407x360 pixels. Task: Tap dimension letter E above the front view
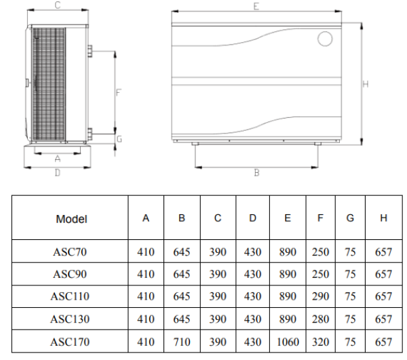(x=256, y=7)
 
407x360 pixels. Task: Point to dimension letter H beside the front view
(x=366, y=84)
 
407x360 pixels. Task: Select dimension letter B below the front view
(x=256, y=173)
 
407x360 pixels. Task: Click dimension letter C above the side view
(x=58, y=5)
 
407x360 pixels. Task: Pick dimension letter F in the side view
(x=118, y=93)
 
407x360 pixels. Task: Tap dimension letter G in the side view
(x=119, y=139)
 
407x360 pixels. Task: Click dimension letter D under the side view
(x=58, y=173)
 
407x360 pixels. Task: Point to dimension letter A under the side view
(x=58, y=159)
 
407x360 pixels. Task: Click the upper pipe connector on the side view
(x=90, y=51)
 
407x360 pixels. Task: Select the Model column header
(x=71, y=219)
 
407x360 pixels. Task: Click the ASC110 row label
(x=70, y=296)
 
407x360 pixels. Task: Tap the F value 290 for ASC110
(x=321, y=296)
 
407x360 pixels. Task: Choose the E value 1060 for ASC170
(x=288, y=342)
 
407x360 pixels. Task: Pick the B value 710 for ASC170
(x=182, y=342)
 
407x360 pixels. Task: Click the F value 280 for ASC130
(x=321, y=319)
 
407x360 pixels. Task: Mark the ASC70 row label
(x=70, y=252)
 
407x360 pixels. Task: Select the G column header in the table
(x=350, y=218)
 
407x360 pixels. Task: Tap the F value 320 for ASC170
(x=321, y=342)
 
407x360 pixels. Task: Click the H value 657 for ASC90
(x=384, y=274)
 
